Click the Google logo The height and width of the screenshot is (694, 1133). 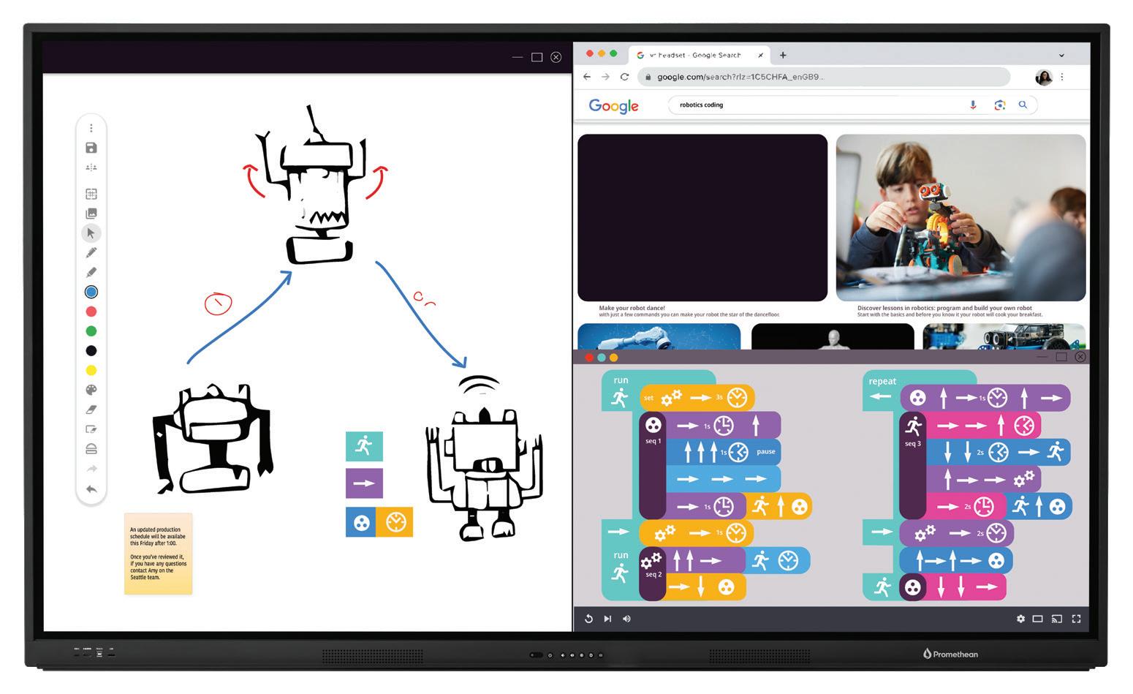613,106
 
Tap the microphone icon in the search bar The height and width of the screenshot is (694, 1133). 973,105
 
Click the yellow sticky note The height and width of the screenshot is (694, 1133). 158,553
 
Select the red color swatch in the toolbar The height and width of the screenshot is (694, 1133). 91,312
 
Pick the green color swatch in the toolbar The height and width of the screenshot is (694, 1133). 91,331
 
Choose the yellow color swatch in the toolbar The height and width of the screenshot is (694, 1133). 91,371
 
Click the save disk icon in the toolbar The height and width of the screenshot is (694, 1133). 91,148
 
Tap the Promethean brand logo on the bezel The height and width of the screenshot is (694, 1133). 950,654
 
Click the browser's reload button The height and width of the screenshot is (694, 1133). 624,77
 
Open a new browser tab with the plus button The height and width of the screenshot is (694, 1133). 783,55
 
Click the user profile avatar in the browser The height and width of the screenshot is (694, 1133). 1044,77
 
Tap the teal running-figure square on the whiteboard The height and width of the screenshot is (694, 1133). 364,446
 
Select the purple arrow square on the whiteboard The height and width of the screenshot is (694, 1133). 364,483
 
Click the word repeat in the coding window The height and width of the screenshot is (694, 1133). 882,381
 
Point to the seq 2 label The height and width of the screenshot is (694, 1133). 653,575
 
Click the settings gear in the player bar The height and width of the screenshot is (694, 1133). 1020,619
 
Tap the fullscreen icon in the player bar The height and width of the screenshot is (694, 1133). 1076,619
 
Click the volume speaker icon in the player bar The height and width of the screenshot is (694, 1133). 626,619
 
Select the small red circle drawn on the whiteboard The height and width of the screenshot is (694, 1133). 218,303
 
